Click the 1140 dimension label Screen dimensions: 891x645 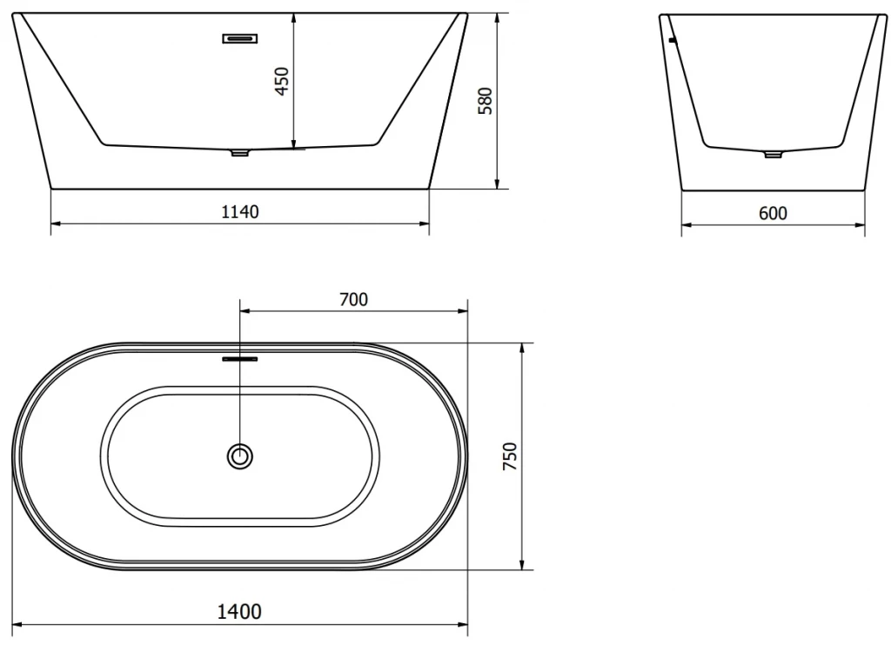pyautogui.click(x=240, y=212)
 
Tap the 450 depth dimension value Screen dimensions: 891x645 pyautogui.click(x=283, y=81)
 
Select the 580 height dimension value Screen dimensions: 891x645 pyautogui.click(x=485, y=101)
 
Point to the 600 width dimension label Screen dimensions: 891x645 pyautogui.click(x=773, y=213)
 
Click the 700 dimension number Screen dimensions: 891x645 pyautogui.click(x=353, y=299)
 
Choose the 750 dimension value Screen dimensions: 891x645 pyautogui.click(x=510, y=455)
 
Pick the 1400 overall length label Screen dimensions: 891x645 pyautogui.click(x=239, y=611)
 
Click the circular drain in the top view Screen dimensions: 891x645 pyautogui.click(x=240, y=456)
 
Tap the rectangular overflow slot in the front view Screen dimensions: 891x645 pyautogui.click(x=240, y=38)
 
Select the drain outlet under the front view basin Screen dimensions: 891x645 pyautogui.click(x=240, y=153)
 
